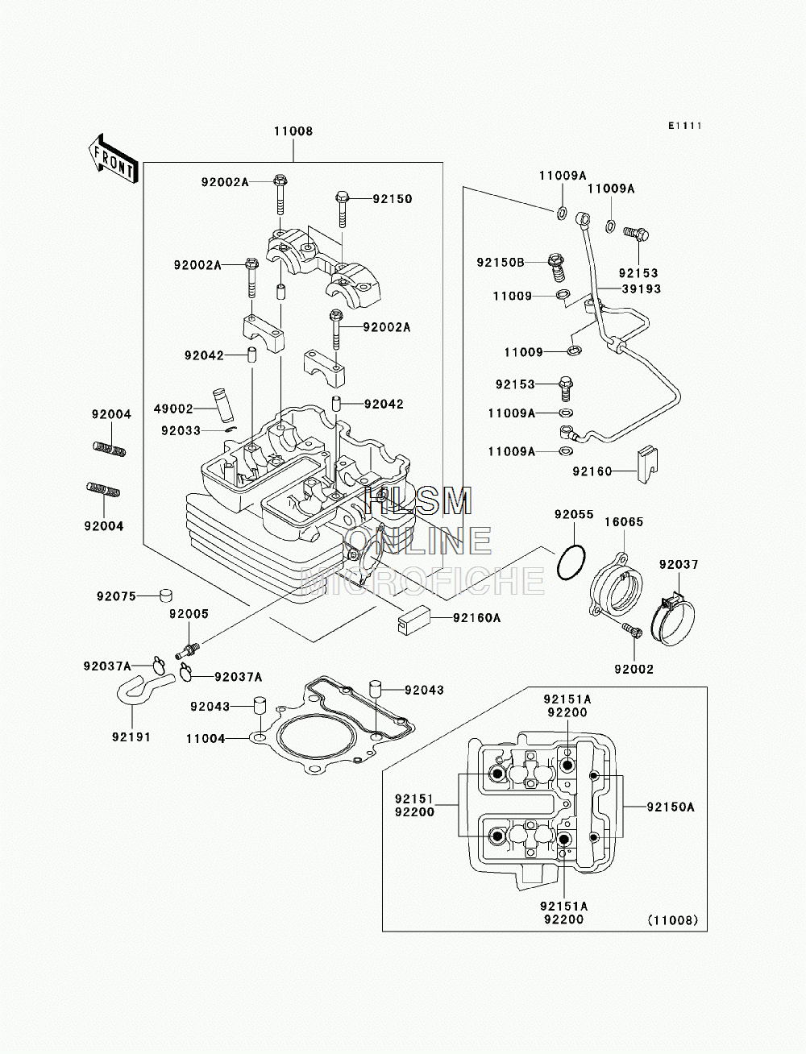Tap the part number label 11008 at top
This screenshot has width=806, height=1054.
coord(293,131)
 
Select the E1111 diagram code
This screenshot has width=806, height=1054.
coord(685,126)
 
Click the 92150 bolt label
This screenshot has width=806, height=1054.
coord(393,199)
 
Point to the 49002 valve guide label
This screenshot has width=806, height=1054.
coord(173,409)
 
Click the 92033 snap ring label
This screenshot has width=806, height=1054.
coord(181,431)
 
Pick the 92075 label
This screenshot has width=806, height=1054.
coord(116,596)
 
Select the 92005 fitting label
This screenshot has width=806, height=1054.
coord(189,614)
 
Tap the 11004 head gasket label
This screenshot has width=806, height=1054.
coord(206,739)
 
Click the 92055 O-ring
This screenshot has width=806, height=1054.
coord(571,562)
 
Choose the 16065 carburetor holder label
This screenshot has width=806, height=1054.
coord(624,521)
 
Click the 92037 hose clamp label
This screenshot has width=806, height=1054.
coord(679,564)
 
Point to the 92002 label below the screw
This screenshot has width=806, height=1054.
coord(634,669)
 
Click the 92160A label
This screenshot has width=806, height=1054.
coord(476,617)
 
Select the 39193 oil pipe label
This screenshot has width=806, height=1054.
coord(642,289)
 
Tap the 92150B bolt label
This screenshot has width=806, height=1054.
coord(501,263)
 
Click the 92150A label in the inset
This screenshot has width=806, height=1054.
coord(671,807)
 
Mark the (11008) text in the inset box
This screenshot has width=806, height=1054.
coord(673,920)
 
